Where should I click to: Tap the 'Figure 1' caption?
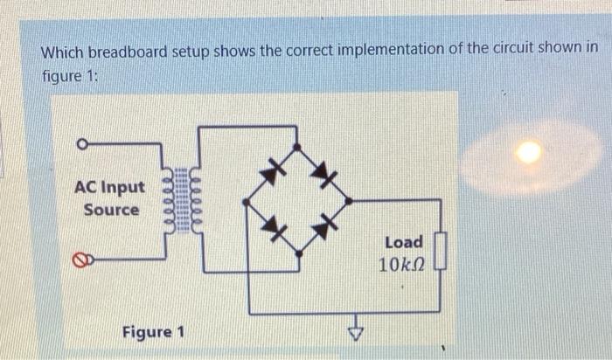click(153, 333)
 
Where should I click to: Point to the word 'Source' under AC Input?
click(111, 210)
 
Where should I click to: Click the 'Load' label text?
click(403, 242)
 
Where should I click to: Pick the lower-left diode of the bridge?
click(275, 229)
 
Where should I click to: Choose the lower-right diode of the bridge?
click(324, 226)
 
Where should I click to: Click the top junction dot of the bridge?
click(297, 149)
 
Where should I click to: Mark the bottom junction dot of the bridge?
click(299, 253)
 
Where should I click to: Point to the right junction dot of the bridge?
click(349, 201)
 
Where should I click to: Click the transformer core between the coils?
click(183, 200)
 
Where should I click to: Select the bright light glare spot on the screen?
click(528, 153)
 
